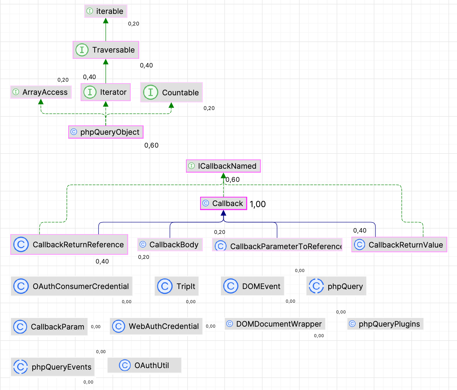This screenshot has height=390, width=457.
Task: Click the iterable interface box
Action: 106,11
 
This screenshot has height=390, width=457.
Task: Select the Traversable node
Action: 106,50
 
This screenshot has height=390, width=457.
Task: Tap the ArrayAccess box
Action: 41,92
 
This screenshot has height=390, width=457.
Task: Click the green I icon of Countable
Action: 151,92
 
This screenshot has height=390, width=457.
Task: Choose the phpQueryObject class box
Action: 106,132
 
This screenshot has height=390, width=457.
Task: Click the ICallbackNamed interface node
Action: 223,166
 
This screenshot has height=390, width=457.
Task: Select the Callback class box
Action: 223,204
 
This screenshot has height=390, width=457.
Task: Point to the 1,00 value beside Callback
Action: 257,204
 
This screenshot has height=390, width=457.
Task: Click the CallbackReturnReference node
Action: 69,244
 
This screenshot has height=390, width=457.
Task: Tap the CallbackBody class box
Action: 170,244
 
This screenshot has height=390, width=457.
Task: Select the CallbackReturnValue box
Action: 399,245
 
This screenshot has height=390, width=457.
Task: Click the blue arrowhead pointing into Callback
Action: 223,213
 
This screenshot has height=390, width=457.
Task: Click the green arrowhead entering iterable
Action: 106,21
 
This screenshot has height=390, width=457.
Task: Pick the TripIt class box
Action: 177,286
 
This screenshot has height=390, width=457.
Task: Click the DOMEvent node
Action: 252,286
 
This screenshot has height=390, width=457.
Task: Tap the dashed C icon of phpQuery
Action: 316,286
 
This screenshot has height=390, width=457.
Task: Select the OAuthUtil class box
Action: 144,365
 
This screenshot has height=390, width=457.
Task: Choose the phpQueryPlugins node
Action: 385,324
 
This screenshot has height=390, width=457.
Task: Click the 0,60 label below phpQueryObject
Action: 151,146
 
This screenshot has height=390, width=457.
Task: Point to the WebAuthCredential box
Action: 156,326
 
